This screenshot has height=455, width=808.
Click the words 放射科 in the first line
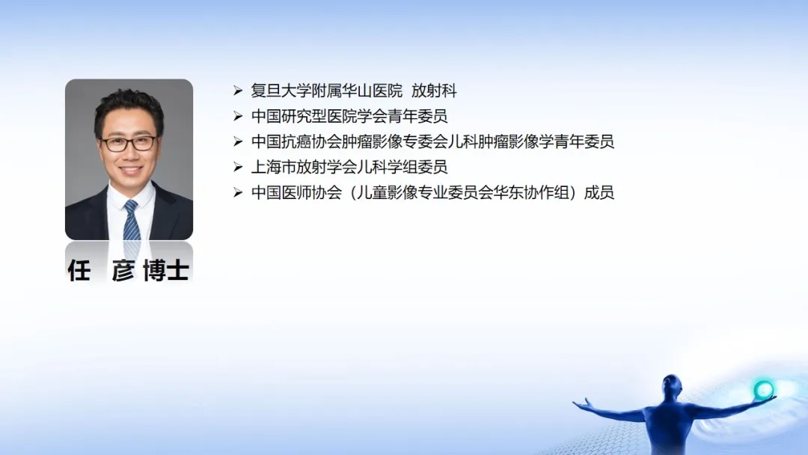click(434, 91)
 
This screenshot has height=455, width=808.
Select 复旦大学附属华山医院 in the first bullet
click(327, 91)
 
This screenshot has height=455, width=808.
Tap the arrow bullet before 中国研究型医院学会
click(238, 117)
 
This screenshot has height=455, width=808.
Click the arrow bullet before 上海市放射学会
click(238, 167)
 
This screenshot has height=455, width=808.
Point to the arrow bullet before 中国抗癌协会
click(238, 141)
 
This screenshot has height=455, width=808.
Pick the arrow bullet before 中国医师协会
click(238, 193)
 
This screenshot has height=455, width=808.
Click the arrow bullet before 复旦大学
click(238, 91)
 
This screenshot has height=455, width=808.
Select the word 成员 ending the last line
click(599, 193)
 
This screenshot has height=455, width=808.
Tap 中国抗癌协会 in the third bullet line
click(296, 141)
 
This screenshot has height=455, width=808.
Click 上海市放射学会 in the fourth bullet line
click(304, 167)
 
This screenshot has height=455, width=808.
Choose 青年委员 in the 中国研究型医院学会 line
click(417, 117)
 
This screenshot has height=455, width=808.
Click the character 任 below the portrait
click(79, 269)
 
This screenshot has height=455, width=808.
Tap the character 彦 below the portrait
click(123, 269)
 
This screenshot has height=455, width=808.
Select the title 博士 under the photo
click(166, 269)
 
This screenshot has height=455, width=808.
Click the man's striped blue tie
click(132, 221)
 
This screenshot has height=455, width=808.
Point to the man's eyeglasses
click(129, 143)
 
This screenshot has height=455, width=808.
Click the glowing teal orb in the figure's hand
click(764, 390)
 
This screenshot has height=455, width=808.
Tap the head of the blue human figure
click(671, 383)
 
